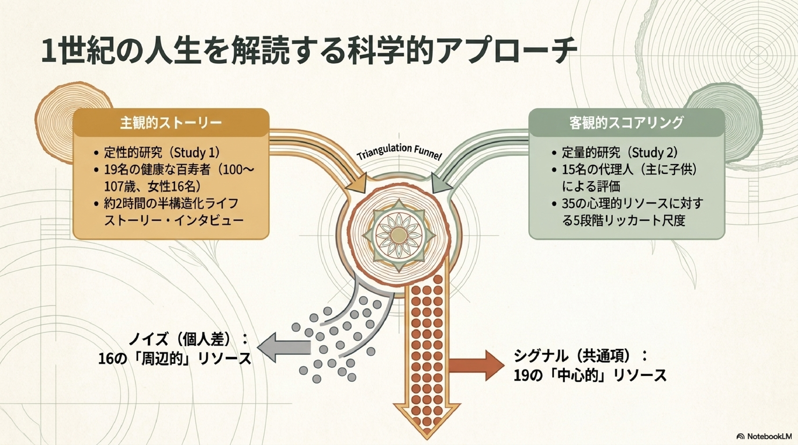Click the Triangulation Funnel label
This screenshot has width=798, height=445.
[x=399, y=152]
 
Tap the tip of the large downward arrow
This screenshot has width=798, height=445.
[x=427, y=439]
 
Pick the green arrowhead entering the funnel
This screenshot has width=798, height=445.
[x=441, y=186]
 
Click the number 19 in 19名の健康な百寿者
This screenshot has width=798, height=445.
[x=110, y=170]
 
